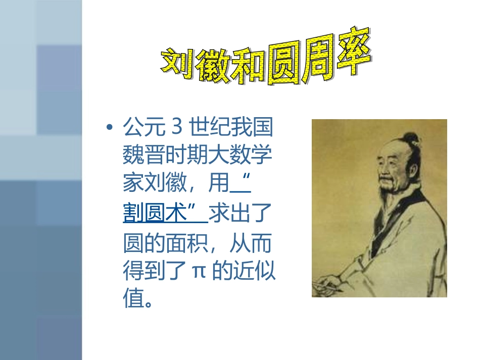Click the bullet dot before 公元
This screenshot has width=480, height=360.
(109, 128)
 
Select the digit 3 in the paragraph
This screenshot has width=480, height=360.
(176, 128)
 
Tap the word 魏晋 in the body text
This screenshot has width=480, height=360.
(137, 157)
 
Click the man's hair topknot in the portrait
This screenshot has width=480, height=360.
(412, 138)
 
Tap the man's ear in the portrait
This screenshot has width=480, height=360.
(410, 174)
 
